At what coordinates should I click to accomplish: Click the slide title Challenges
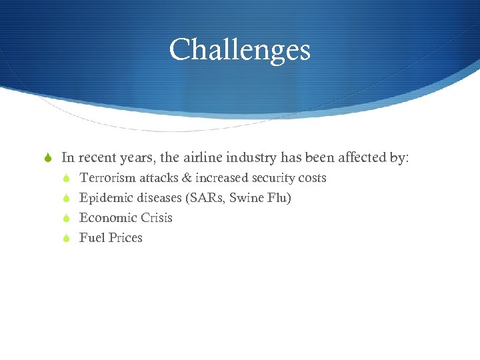pyautogui.click(x=240, y=50)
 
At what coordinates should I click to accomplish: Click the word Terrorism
pyautogui.click(x=107, y=178)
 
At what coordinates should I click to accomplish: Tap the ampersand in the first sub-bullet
pyautogui.click(x=186, y=178)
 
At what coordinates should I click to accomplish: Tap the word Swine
pyautogui.click(x=247, y=198)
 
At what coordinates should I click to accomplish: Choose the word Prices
pyautogui.click(x=125, y=238)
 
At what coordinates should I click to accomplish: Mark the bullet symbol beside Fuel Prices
pyautogui.click(x=65, y=238)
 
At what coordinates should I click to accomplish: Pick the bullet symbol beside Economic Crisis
pyautogui.click(x=65, y=218)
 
